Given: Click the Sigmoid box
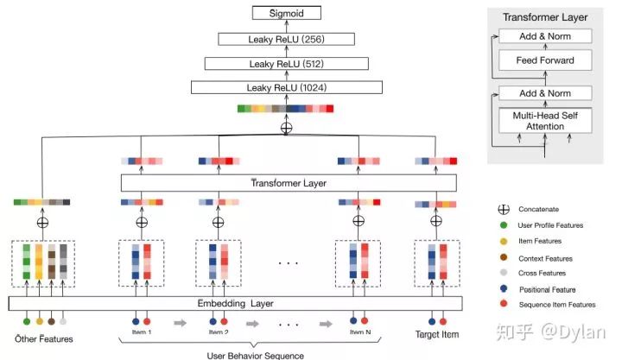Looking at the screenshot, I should pyautogui.click(x=287, y=13).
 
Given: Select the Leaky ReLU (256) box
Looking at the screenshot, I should pyautogui.click(x=287, y=38).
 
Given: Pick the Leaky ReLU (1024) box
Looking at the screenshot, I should pyautogui.click(x=287, y=87).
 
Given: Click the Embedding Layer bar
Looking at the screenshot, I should pyautogui.click(x=236, y=303).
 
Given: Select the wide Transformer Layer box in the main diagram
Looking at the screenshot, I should pyautogui.click(x=288, y=182).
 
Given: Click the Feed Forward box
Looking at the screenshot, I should pyautogui.click(x=546, y=60).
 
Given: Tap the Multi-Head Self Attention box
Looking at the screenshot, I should pyautogui.click(x=546, y=121).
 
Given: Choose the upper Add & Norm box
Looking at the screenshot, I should pyautogui.click(x=546, y=36).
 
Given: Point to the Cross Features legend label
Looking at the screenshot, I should pyautogui.click(x=542, y=274).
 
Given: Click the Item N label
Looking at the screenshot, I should pyautogui.click(x=359, y=332).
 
